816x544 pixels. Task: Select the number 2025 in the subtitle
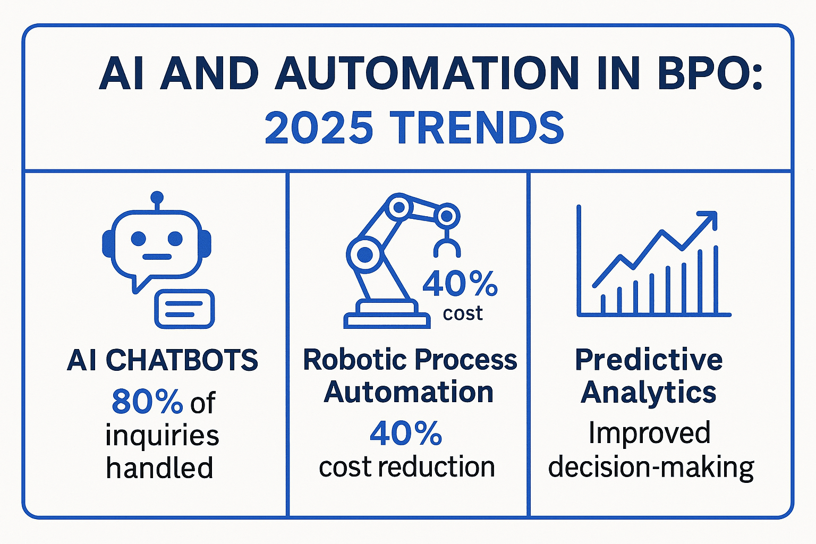pyautogui.click(x=319, y=127)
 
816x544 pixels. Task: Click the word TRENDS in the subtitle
pyautogui.click(x=477, y=127)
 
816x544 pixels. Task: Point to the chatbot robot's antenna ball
pyautogui.click(x=157, y=197)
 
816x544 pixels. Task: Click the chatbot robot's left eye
pyautogui.click(x=139, y=239)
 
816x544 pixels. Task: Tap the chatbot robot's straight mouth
pyautogui.click(x=157, y=257)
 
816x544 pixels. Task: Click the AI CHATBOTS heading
pyautogui.click(x=163, y=360)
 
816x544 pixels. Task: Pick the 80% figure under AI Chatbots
pyautogui.click(x=147, y=402)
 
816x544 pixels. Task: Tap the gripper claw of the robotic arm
pyautogui.click(x=447, y=247)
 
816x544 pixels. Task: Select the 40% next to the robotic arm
pyautogui.click(x=460, y=283)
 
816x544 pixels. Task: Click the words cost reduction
pyautogui.click(x=407, y=466)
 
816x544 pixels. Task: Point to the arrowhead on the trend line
pyautogui.click(x=709, y=220)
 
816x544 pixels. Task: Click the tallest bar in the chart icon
pyautogui.click(x=716, y=279)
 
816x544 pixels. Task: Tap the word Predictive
pyautogui.click(x=649, y=360)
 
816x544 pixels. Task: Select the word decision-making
pyautogui.click(x=651, y=467)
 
